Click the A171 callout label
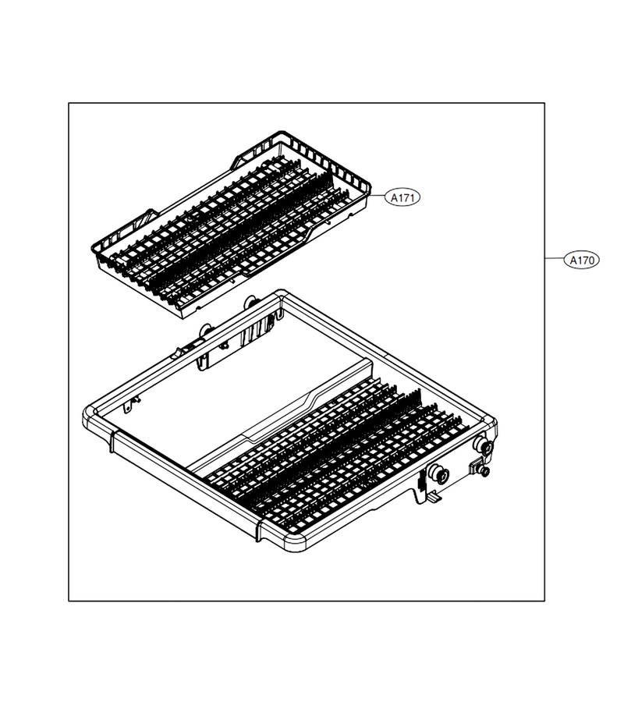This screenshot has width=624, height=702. (402, 197)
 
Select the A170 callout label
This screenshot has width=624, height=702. (581, 260)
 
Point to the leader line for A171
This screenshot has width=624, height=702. (378, 196)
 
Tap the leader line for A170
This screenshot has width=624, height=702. (554, 259)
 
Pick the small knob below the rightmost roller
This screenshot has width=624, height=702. (484, 471)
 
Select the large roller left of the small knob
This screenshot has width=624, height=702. (437, 473)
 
